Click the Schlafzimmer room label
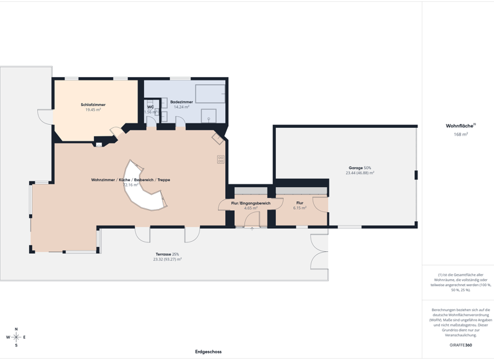pyautogui.click(x=93, y=104)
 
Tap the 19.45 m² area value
pyautogui.click(x=93, y=110)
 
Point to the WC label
pyautogui.click(x=151, y=107)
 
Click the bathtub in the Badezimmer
pyautogui.click(x=210, y=93)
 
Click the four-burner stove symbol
pyautogui.click(x=221, y=159)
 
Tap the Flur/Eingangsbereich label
pyautogui.click(x=251, y=203)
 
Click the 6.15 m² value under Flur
pyautogui.click(x=300, y=208)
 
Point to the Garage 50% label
pyautogui.click(x=360, y=168)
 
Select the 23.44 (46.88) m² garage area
pyautogui.click(x=360, y=173)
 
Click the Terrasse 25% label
pyautogui.click(x=167, y=254)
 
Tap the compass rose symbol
pyautogui.click(x=16, y=337)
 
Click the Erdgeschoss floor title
pyautogui.click(x=208, y=352)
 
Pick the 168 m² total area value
pyautogui.click(x=461, y=134)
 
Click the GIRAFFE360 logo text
pyautogui.click(x=461, y=345)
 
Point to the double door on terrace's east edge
pyautogui.click(x=319, y=251)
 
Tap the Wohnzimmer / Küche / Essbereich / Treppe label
pyautogui.click(x=131, y=180)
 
